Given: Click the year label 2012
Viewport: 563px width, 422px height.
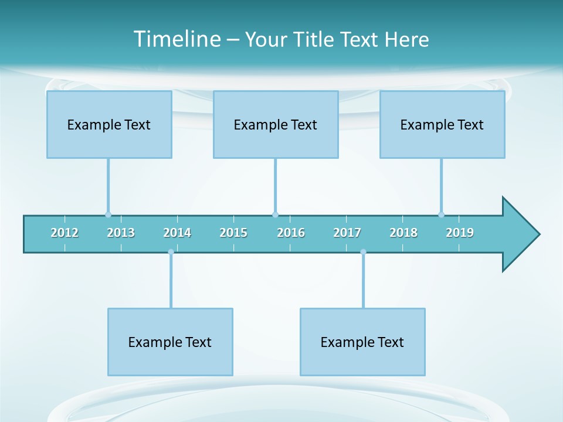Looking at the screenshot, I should tap(65, 233).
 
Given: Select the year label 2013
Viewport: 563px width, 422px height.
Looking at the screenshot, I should tap(121, 233).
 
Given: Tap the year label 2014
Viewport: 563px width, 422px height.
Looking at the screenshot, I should tap(177, 233).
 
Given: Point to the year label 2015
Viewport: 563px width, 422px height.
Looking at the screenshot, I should tap(233, 233).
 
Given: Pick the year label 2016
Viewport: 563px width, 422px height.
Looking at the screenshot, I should tap(291, 233).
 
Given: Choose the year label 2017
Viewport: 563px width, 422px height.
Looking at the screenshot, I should tap(347, 233).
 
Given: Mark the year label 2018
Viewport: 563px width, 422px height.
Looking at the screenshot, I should tap(403, 233).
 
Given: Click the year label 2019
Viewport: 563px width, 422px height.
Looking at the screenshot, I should tap(460, 233).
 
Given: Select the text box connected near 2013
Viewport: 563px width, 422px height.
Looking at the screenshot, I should tap(109, 124).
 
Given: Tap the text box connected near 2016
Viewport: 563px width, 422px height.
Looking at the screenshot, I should tap(276, 124).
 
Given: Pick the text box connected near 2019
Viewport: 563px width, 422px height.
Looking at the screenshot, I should tap(442, 124).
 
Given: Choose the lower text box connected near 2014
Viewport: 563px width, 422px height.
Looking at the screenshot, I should tap(170, 342).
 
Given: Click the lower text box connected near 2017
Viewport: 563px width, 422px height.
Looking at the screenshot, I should tap(362, 342).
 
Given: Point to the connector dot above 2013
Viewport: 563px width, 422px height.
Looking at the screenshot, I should tap(108, 215).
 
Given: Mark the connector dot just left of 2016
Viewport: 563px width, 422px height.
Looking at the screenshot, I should tap(276, 215).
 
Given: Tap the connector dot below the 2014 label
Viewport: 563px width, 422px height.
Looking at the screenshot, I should tap(171, 252).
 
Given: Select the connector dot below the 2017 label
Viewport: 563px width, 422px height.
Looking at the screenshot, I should tap(363, 252).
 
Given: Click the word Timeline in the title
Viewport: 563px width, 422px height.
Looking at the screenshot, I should tap(177, 39).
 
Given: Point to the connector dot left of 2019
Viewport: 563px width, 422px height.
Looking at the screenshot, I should tap(441, 215).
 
